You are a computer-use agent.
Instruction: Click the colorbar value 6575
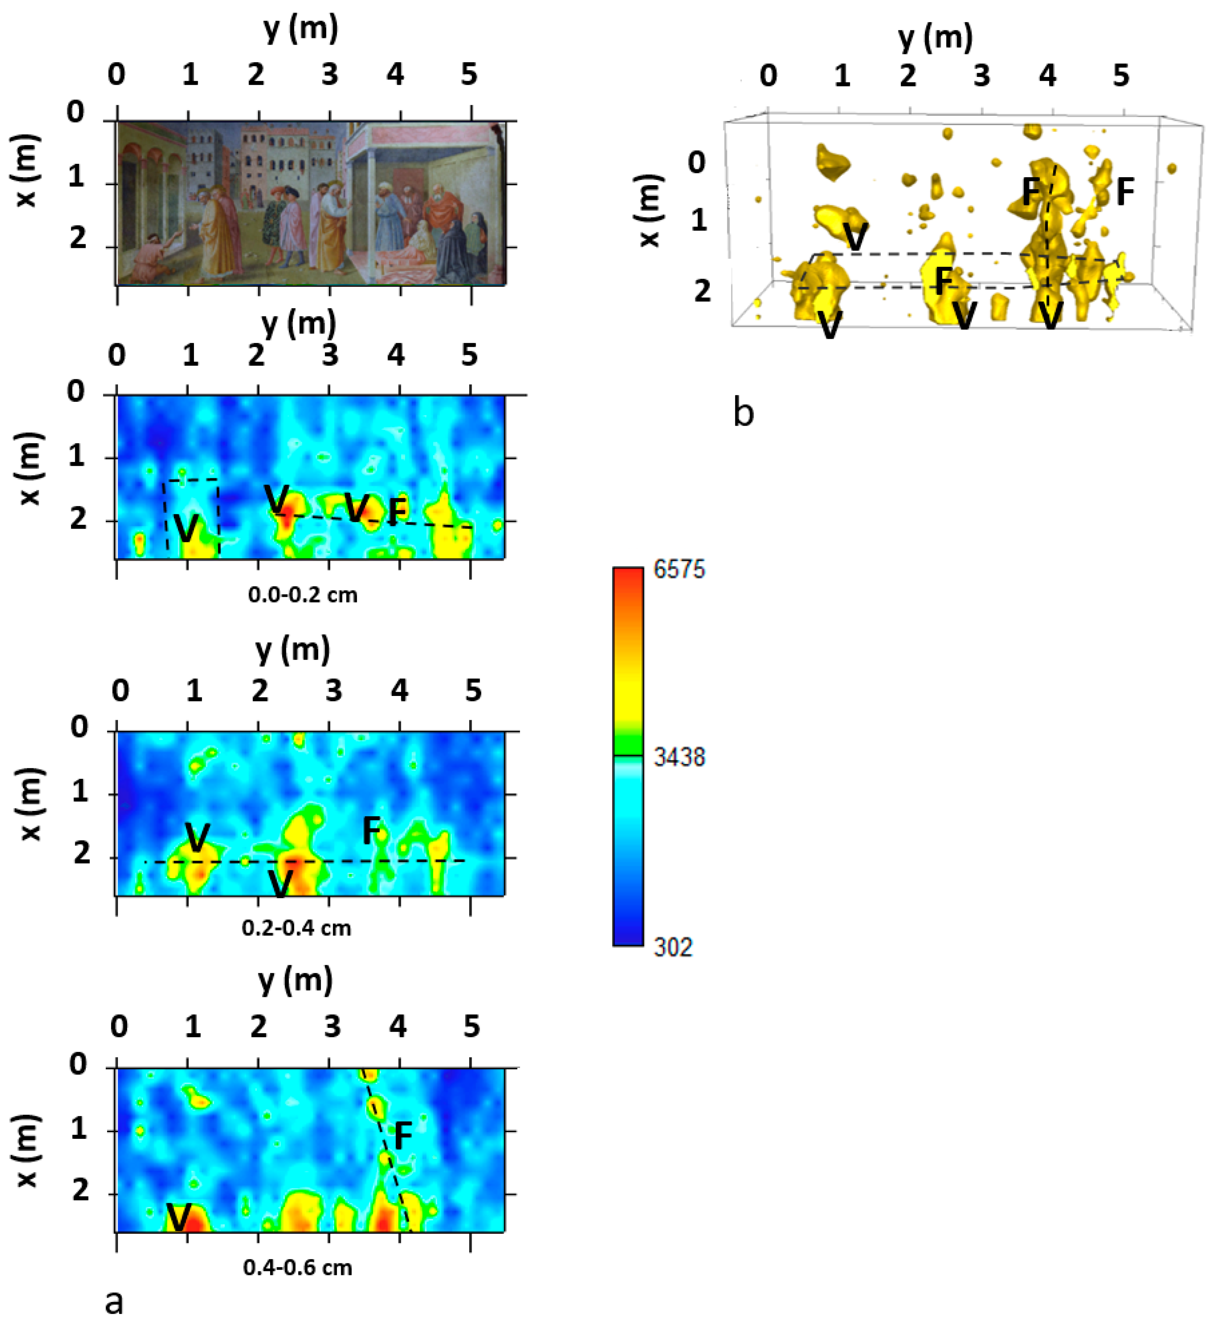679,569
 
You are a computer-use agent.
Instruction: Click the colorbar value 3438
679,757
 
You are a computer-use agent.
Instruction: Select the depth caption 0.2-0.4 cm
296,928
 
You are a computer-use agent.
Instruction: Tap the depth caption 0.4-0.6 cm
298,1267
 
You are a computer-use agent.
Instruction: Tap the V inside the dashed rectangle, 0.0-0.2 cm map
187,528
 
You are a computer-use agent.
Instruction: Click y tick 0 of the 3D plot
768,76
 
